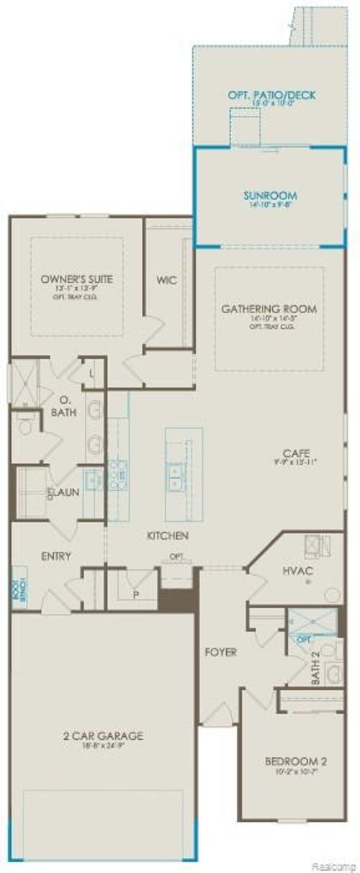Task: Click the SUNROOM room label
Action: (x=269, y=194)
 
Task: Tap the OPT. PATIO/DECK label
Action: (x=271, y=94)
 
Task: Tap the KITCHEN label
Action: (x=168, y=535)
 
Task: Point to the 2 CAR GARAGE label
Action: (x=102, y=736)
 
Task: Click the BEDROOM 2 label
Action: (x=292, y=761)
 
